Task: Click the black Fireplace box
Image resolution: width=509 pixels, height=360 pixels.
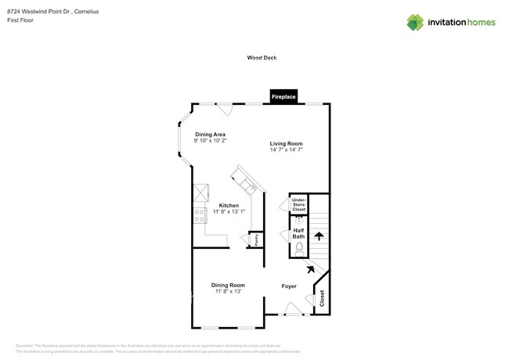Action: (x=283, y=97)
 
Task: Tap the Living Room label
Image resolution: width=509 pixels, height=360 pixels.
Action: (x=286, y=143)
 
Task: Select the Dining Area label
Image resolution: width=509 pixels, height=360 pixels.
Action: (x=211, y=134)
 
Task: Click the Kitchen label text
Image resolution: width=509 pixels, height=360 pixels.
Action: (x=229, y=205)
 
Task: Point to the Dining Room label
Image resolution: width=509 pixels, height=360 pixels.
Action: (x=228, y=285)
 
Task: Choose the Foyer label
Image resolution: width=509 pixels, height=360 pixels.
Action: (x=289, y=286)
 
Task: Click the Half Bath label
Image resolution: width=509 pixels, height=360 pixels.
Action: (x=298, y=232)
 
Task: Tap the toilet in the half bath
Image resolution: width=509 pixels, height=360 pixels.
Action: (x=298, y=250)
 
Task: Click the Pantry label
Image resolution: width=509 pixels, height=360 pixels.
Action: (x=255, y=239)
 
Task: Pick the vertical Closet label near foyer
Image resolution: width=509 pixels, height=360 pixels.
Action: (x=321, y=297)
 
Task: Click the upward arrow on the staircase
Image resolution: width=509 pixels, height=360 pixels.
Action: (x=319, y=234)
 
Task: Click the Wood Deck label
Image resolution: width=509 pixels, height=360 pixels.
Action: (x=262, y=57)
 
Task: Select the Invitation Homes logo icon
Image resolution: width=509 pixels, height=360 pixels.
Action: (x=415, y=22)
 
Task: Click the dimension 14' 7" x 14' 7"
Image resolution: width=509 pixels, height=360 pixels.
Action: (x=286, y=150)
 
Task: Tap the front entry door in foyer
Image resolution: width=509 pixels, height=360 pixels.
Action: (x=291, y=311)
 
